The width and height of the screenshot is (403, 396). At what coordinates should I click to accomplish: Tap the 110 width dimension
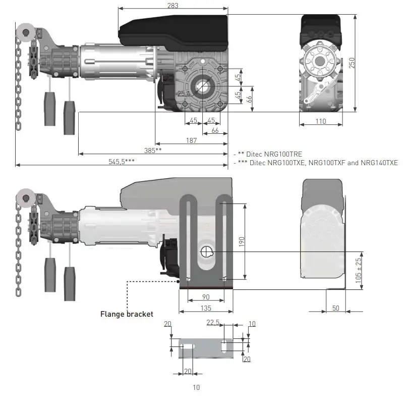[321, 121]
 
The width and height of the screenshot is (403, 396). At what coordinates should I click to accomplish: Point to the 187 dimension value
[191, 140]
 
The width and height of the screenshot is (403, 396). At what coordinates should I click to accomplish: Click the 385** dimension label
[153, 151]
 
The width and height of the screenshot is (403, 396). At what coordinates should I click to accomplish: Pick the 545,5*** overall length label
[122, 162]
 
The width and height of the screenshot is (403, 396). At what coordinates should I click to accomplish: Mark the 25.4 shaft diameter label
[184, 93]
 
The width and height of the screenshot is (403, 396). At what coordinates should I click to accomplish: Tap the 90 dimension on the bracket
[206, 296]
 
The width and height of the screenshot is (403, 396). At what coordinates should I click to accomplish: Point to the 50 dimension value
[335, 308]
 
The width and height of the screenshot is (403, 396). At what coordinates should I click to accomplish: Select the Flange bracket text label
[127, 314]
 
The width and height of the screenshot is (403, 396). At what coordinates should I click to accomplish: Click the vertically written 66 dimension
[249, 99]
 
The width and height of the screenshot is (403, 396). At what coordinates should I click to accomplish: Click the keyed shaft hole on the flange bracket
[207, 252]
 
